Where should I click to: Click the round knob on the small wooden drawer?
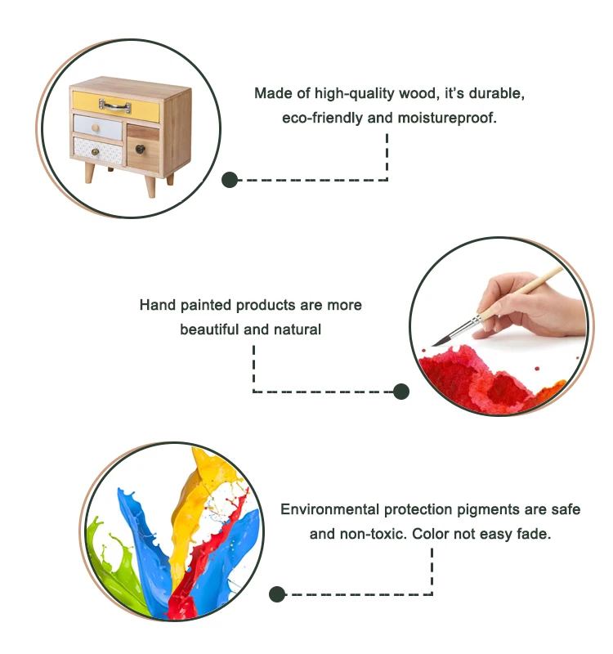pyautogui.click(x=139, y=148)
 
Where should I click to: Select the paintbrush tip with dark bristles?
pyautogui.click(x=433, y=343)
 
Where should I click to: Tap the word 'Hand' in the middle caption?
pyautogui.click(x=156, y=306)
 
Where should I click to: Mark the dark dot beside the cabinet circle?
pyautogui.click(x=230, y=180)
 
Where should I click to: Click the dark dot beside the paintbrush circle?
pyautogui.click(x=400, y=392)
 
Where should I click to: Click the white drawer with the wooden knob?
pyautogui.click(x=96, y=125)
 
